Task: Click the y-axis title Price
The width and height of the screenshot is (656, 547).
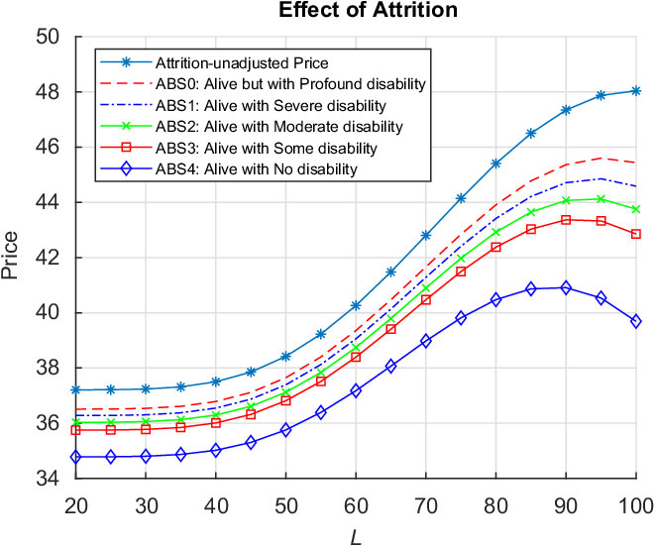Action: [14, 258]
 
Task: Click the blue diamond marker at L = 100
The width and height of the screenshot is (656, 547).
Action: [635, 321]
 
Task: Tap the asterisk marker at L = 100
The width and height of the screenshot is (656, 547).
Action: [635, 90]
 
